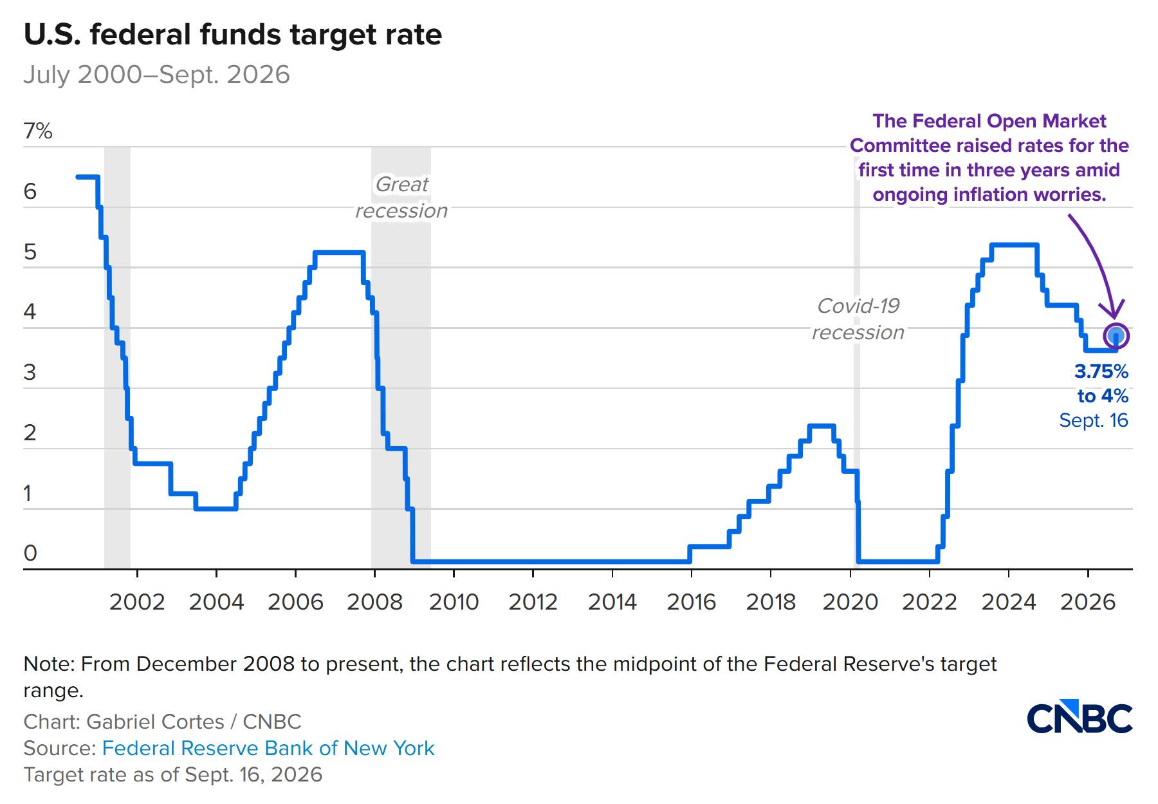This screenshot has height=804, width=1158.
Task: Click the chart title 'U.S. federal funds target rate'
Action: [x=233, y=35]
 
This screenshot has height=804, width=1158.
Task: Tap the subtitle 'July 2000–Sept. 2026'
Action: [x=157, y=75]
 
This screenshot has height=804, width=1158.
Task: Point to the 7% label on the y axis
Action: [x=38, y=131]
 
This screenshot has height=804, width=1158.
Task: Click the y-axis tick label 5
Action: [x=30, y=252]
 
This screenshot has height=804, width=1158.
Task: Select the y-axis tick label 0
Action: [x=30, y=553]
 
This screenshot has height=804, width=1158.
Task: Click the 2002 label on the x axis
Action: [x=137, y=602]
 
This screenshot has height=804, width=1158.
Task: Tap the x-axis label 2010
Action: [x=454, y=602]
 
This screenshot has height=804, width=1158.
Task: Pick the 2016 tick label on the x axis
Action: [x=692, y=602]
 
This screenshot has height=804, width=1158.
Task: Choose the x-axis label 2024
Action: [x=1009, y=602]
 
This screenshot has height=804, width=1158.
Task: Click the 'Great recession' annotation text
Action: [x=401, y=198]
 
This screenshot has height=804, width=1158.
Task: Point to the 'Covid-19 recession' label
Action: [x=858, y=319]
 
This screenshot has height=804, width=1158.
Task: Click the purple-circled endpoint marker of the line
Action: [x=1116, y=335]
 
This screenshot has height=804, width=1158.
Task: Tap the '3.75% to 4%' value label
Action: [x=1101, y=384]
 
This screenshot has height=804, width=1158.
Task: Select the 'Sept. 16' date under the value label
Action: [x=1094, y=420]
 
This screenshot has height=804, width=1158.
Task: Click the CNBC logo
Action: [x=1079, y=716]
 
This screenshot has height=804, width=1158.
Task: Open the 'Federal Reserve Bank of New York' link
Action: [x=268, y=748]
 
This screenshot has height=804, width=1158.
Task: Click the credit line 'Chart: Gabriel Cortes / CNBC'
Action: [x=162, y=722]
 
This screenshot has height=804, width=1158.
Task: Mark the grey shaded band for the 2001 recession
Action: [x=117, y=358]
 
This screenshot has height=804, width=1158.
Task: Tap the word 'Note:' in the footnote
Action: [x=50, y=664]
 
